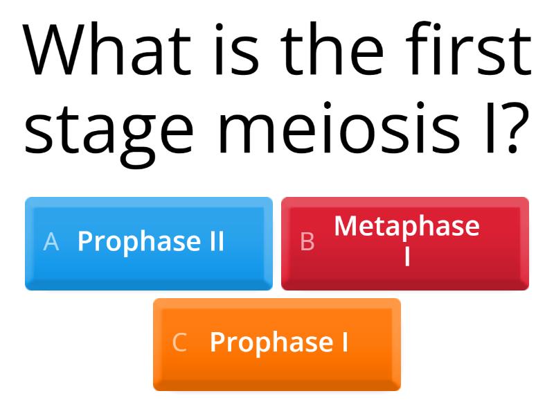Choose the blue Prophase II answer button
149,243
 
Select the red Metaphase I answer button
405,243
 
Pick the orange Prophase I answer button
277,344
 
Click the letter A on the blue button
51,241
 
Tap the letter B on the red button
307,241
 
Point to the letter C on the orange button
179,343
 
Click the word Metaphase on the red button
406,226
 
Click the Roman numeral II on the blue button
214,241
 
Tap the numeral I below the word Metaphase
407,257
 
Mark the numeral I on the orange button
344,343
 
